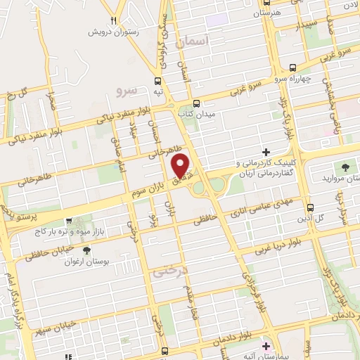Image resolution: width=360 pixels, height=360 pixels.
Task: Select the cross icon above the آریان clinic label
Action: (266, 152)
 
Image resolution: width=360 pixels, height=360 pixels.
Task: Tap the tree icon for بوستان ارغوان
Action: (86, 250)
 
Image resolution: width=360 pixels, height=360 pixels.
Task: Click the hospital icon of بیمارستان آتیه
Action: (266, 347)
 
